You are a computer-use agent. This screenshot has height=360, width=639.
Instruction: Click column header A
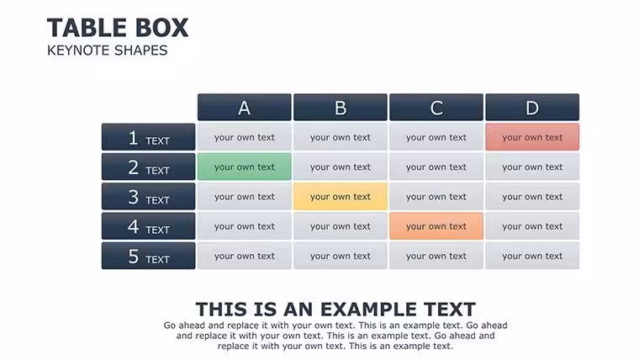245,107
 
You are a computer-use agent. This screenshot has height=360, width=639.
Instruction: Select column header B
341,107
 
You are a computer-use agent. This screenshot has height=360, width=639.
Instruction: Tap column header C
436,107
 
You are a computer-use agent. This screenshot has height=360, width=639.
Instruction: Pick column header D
532,107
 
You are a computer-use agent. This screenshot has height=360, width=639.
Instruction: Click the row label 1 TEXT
148,137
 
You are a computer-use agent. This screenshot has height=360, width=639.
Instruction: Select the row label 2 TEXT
148,167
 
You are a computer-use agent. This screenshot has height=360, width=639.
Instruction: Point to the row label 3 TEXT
148,197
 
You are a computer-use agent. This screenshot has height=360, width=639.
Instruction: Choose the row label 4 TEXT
148,226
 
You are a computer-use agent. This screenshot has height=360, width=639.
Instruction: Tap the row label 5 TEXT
148,256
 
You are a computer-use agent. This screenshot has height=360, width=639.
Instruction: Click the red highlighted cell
532,137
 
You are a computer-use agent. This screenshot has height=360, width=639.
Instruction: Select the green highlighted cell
245,167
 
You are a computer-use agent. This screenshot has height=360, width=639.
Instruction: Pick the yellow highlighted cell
341,197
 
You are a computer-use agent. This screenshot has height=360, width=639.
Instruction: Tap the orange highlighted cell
436,226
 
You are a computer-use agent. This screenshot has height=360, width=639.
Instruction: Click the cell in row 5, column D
532,256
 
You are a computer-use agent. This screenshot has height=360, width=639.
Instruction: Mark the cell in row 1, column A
245,137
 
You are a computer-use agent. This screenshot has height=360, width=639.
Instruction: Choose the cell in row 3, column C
436,197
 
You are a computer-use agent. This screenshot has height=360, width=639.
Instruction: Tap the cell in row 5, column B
341,256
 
